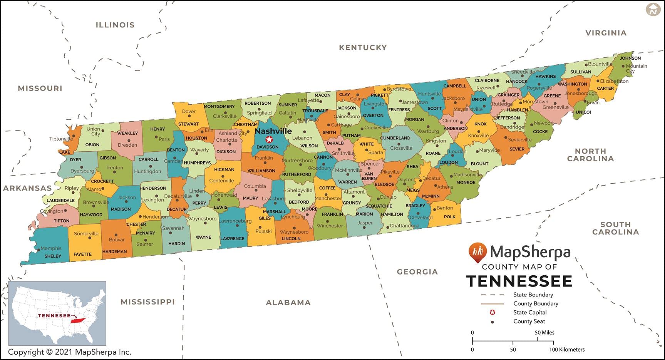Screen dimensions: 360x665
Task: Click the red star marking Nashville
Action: point(269,139)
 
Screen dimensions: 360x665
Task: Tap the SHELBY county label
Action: point(53,256)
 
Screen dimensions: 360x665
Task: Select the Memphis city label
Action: point(51,248)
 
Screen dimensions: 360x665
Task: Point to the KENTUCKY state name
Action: point(363,47)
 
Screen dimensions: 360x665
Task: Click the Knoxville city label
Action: point(478,136)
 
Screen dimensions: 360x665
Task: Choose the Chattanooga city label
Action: point(404,226)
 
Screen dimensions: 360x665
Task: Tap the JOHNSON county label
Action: point(630,58)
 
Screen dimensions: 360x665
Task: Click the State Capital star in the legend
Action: point(492,312)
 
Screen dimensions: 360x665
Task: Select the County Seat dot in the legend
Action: point(492,321)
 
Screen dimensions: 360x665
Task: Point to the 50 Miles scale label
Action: point(544,332)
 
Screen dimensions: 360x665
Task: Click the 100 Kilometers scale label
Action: point(567,350)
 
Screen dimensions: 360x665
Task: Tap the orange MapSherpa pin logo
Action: point(477,252)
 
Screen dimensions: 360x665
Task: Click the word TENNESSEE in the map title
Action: point(519,281)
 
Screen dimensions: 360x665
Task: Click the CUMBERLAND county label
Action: point(395,138)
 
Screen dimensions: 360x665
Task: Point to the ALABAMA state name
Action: point(288,303)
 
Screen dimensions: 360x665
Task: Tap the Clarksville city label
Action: point(224,116)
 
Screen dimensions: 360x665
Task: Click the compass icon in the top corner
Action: point(653,10)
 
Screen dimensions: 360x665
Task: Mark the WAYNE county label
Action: point(203,237)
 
